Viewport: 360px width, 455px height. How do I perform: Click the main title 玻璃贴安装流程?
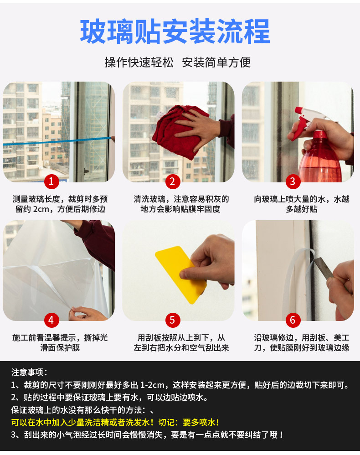(175, 31)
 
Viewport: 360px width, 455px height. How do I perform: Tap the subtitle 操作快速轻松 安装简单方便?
(178, 62)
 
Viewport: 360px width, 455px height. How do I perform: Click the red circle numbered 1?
(51, 181)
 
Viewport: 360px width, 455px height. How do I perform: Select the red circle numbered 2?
(173, 181)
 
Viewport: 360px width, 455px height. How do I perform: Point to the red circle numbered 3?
(293, 181)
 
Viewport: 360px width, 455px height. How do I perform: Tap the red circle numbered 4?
(51, 320)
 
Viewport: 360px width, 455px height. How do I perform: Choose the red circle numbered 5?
(173, 320)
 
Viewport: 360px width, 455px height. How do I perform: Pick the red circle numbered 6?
(293, 320)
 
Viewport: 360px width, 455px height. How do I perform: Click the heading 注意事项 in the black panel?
(29, 372)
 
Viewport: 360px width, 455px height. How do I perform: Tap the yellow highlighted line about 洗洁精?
(115, 422)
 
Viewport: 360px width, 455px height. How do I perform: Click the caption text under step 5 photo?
(181, 343)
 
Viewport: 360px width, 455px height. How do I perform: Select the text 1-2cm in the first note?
(153, 385)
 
